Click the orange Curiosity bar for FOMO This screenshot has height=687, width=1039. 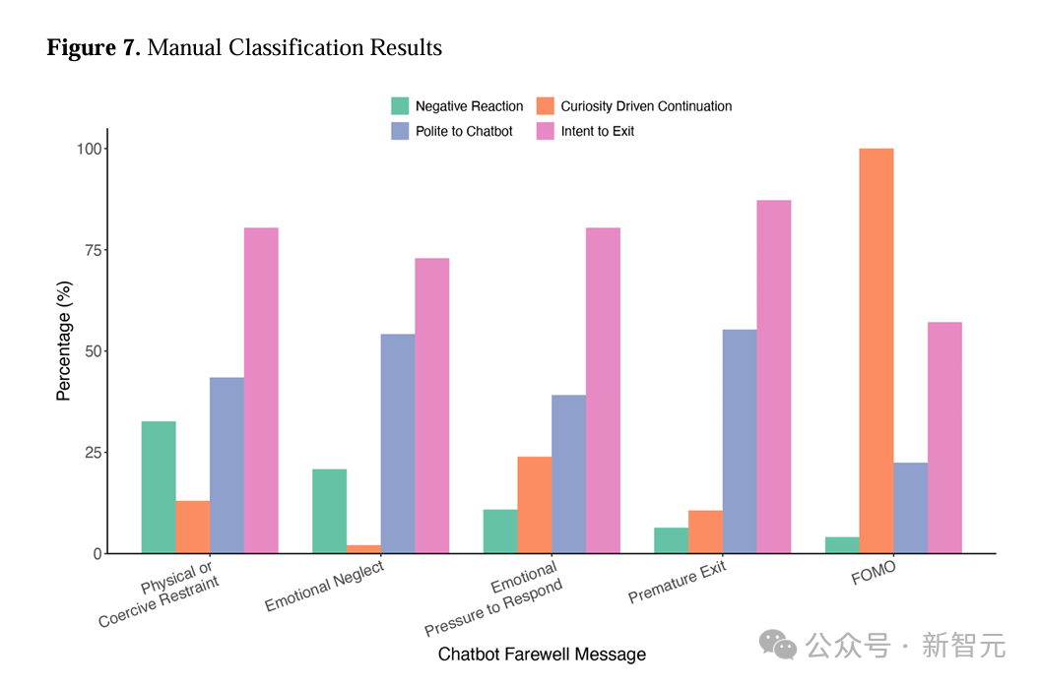(876, 350)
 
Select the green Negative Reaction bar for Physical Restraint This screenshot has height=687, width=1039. (159, 487)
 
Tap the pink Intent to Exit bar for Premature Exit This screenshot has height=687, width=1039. (773, 376)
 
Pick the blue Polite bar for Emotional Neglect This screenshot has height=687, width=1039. (397, 444)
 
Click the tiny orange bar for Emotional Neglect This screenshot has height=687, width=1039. (363, 549)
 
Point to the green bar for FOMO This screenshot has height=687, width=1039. (842, 545)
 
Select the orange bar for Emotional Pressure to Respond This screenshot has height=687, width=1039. (534, 505)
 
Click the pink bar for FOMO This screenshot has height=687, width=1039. (943, 437)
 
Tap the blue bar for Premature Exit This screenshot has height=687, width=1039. (740, 441)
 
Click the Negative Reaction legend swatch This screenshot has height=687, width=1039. (400, 105)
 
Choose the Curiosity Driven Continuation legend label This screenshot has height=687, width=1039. (646, 106)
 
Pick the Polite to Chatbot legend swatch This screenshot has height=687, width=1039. (400, 131)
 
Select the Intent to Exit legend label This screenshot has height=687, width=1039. (598, 131)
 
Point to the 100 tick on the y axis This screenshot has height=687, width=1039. (90, 149)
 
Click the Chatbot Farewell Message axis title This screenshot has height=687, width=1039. (542, 655)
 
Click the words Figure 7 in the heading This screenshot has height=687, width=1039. (94, 47)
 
